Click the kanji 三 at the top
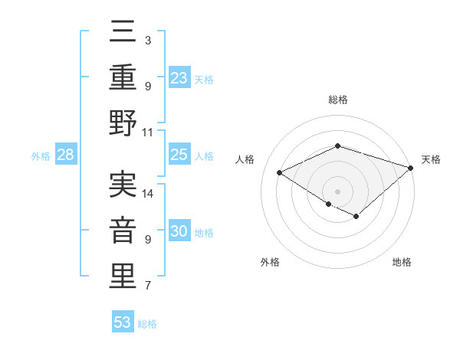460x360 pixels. (x=123, y=31)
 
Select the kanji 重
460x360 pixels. (x=123, y=77)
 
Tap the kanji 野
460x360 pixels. (x=123, y=124)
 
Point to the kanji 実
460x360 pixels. (x=123, y=184)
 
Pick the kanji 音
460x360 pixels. (x=123, y=231)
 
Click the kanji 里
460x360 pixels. (x=123, y=277)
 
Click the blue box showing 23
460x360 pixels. (x=179, y=77)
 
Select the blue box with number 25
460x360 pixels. (x=179, y=155)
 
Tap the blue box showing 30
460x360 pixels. (x=179, y=231)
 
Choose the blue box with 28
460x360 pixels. (x=66, y=155)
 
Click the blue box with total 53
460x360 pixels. (x=123, y=322)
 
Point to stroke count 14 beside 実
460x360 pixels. (x=149, y=193)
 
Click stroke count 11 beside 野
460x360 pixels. (x=149, y=132)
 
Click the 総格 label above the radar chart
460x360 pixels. (x=337, y=100)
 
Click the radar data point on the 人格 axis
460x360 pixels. (x=280, y=173)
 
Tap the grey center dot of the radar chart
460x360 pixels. (x=337, y=190)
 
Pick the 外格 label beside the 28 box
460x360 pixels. (x=41, y=156)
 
